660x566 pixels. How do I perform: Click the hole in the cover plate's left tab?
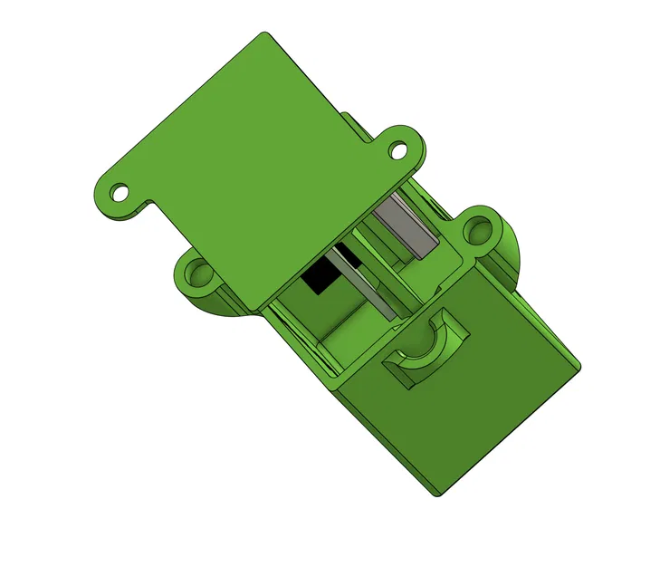[x=118, y=192]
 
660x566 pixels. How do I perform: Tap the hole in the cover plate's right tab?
[x=398, y=149]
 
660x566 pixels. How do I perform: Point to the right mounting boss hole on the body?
[x=476, y=232]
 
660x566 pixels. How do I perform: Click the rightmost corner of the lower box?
[x=579, y=366]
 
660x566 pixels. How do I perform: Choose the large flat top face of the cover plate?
[x=253, y=163]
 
